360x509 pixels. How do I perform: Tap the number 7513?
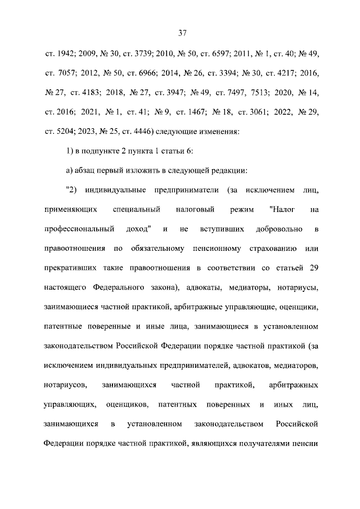coord(261,92)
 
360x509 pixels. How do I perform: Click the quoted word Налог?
coord(281,209)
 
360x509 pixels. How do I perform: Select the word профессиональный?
coord(79,229)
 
